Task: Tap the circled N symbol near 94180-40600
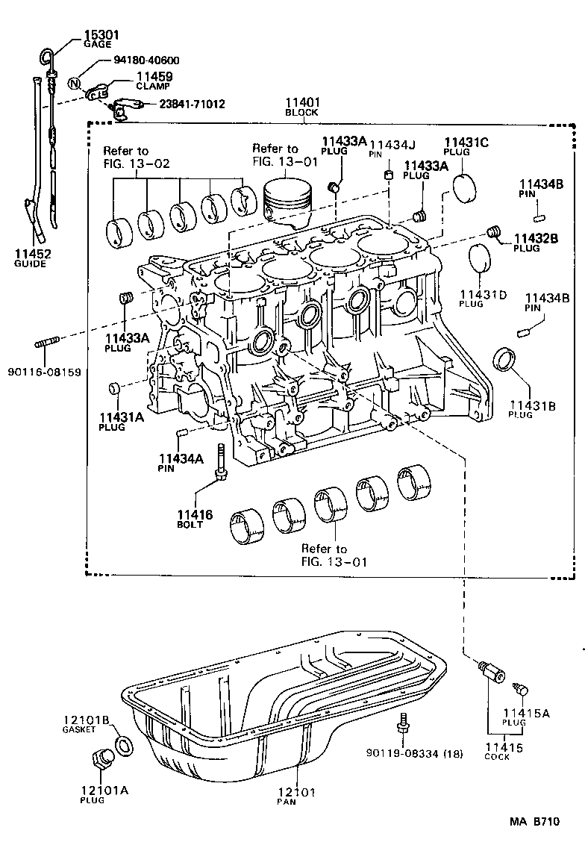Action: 74,83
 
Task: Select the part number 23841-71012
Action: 192,105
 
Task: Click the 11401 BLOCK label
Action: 302,107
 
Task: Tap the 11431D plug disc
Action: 480,261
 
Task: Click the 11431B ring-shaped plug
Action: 505,359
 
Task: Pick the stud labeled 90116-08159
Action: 46,344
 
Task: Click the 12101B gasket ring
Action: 125,744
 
